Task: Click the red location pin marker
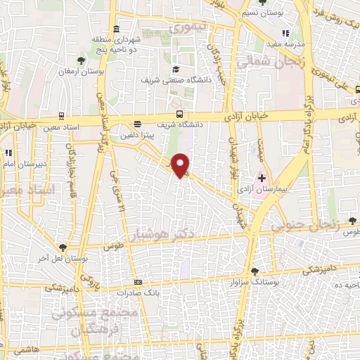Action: [181, 165]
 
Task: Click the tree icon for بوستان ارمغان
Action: [82, 61]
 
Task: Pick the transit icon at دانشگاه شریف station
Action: [180, 113]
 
